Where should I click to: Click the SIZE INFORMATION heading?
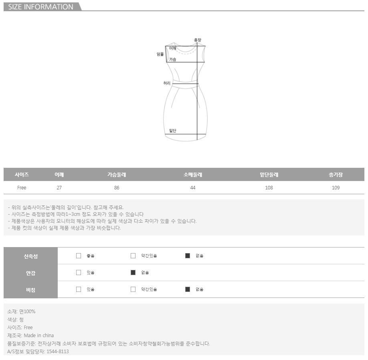(x=40, y=7)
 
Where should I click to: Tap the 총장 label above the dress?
(x=198, y=40)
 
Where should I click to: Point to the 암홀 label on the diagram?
(x=160, y=54)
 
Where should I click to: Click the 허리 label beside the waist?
(x=167, y=83)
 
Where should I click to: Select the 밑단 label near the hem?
(x=173, y=131)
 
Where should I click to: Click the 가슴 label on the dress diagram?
(x=172, y=59)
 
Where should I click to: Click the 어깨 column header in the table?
(x=59, y=175)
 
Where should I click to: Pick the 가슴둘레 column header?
(x=117, y=175)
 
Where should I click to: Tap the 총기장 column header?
(x=336, y=175)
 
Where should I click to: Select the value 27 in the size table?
(x=59, y=188)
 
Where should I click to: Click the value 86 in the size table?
(x=117, y=188)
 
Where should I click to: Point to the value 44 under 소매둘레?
(x=193, y=188)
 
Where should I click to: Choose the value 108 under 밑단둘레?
(x=269, y=188)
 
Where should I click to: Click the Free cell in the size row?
(x=22, y=188)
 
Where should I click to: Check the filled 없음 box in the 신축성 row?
(x=188, y=256)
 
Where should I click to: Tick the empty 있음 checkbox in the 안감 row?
(x=79, y=273)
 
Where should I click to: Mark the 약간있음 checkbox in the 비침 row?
(x=133, y=290)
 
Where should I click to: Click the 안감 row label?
(x=31, y=273)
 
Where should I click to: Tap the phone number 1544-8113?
(x=58, y=351)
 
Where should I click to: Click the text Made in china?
(x=39, y=336)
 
